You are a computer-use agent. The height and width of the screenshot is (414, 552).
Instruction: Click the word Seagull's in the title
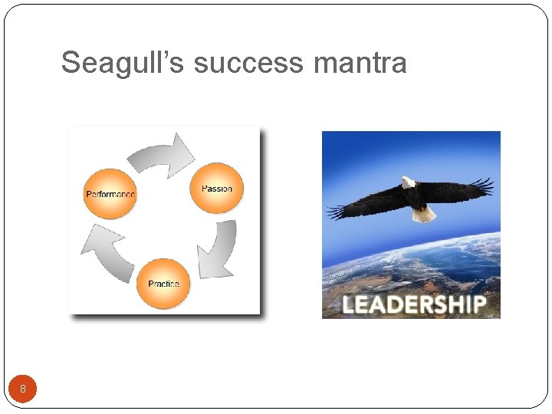[123, 63]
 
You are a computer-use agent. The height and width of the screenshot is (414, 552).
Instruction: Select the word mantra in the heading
[360, 63]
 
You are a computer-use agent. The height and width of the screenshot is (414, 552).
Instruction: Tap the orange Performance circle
[110, 194]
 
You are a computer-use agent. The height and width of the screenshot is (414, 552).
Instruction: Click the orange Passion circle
[216, 188]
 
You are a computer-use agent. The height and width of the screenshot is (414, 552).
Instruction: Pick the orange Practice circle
[163, 283]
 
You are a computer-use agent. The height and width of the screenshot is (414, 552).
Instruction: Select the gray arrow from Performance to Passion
[162, 154]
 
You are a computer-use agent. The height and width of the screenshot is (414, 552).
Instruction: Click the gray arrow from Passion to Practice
[219, 249]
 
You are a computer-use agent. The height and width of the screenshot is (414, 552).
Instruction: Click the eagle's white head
[408, 182]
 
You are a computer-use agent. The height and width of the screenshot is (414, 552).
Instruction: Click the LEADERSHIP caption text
[413, 304]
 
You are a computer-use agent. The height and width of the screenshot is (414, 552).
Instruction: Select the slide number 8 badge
[23, 389]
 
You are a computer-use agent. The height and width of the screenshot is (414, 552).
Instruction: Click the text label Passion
[216, 189]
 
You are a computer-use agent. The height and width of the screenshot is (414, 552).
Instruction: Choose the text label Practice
[163, 284]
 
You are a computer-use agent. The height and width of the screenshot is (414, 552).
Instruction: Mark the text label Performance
[110, 195]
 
